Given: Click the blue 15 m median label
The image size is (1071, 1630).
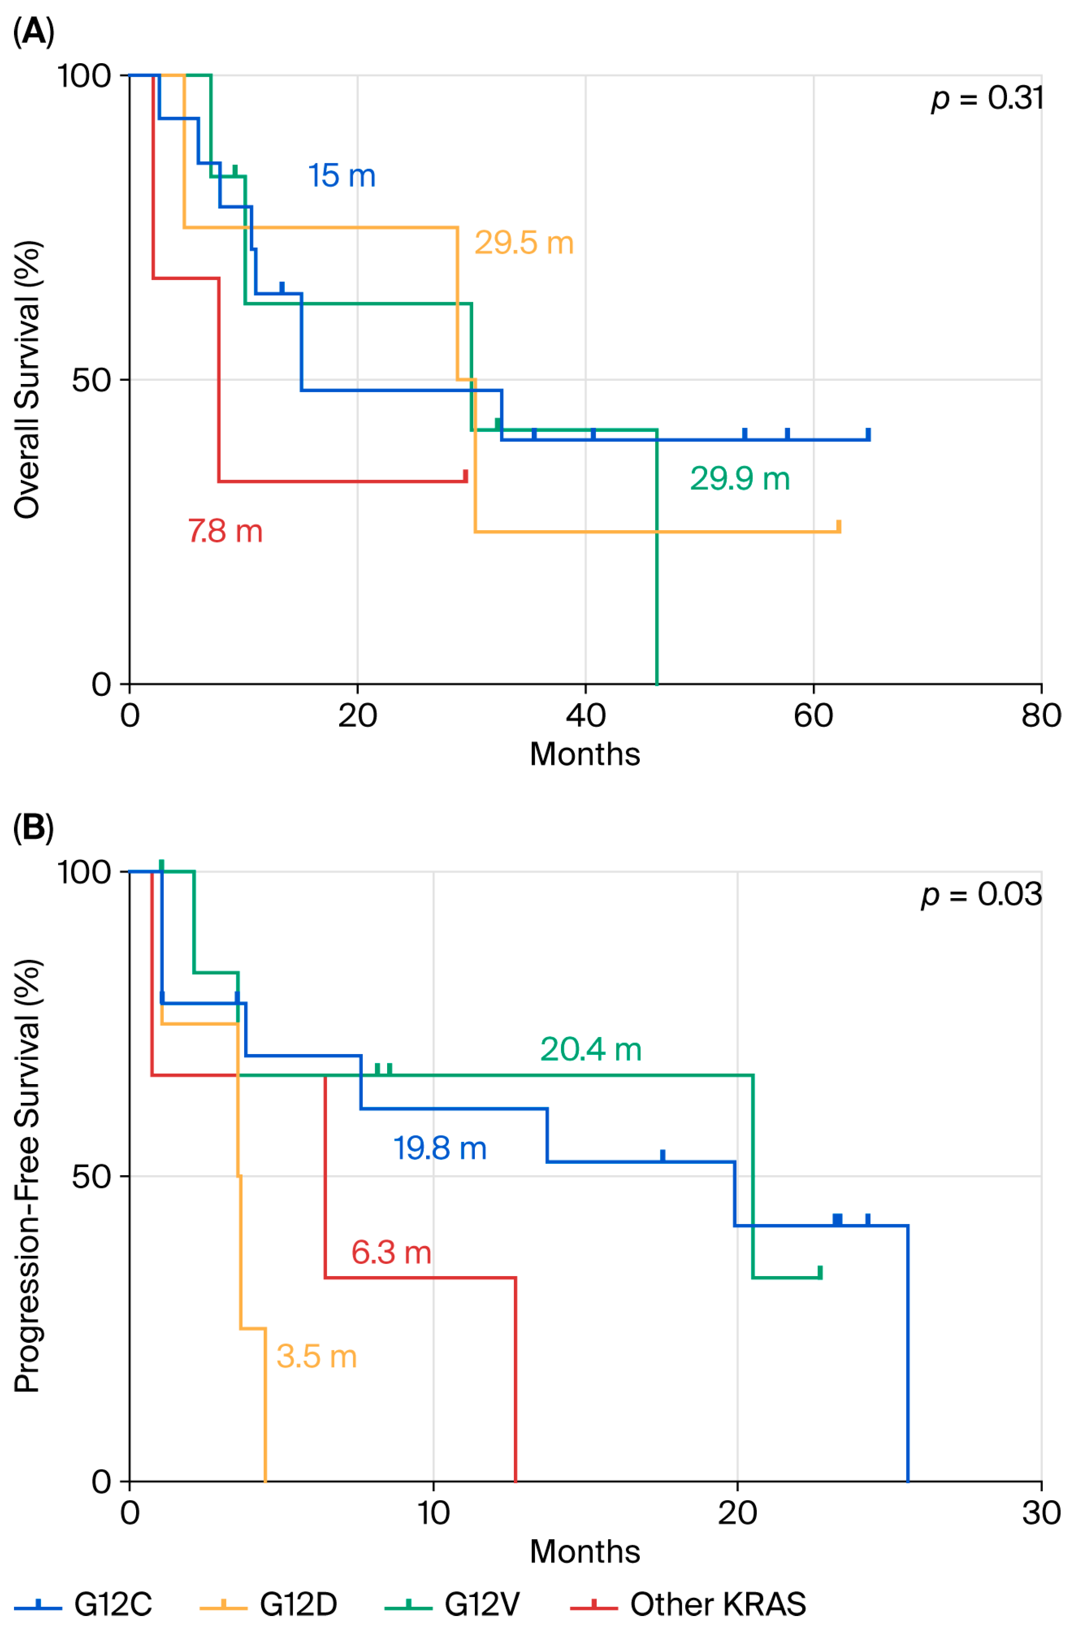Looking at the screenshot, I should click(x=341, y=176).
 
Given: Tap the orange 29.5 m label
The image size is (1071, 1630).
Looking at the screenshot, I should click(x=524, y=243).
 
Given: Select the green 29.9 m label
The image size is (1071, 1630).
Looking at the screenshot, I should click(x=739, y=479).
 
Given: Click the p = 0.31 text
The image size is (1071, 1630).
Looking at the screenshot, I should click(x=987, y=99).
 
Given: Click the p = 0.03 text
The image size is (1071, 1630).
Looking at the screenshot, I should click(x=981, y=894).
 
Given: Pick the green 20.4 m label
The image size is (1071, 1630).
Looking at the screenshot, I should click(x=591, y=1049).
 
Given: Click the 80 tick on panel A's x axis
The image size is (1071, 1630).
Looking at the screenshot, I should click(x=1040, y=716).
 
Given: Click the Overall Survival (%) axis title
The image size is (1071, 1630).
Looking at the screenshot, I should click(x=28, y=380).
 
